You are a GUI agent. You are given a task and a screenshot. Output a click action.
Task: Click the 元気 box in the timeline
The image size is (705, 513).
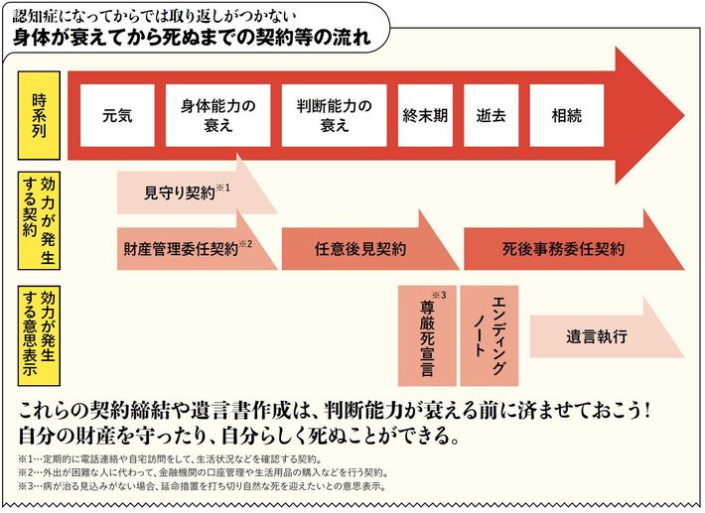click(117, 115)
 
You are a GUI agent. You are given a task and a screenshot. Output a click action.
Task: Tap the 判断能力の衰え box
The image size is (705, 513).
click(335, 115)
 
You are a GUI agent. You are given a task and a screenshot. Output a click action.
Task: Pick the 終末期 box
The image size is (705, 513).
click(426, 115)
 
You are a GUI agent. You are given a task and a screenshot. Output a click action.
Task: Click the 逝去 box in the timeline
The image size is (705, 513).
click(492, 115)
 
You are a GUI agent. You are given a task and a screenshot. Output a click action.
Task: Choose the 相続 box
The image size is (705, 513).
click(567, 115)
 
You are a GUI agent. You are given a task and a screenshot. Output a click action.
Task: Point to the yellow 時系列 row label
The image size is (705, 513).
click(39, 115)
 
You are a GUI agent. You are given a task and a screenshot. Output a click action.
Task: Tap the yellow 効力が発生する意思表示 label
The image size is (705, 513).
click(39, 335)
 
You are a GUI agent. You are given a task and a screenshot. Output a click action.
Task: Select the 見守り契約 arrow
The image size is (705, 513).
click(189, 192)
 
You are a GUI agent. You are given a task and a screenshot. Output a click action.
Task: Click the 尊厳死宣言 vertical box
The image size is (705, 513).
click(426, 335)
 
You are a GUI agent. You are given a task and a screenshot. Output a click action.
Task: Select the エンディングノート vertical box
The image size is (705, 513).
click(491, 333)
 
